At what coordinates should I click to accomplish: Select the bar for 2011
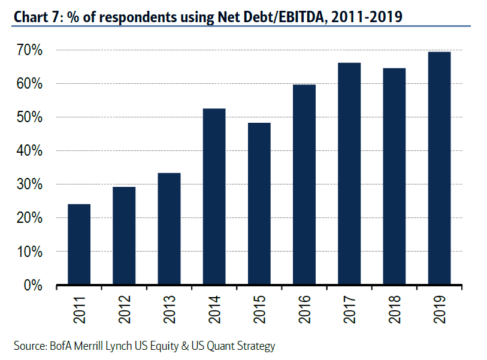[79, 245]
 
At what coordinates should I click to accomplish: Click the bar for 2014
[214, 197]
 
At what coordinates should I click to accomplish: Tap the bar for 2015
[259, 204]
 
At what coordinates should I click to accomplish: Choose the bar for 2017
[349, 174]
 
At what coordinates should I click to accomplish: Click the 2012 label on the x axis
[124, 309]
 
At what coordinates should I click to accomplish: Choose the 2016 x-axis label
[304, 309]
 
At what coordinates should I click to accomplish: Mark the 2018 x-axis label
[394, 309]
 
